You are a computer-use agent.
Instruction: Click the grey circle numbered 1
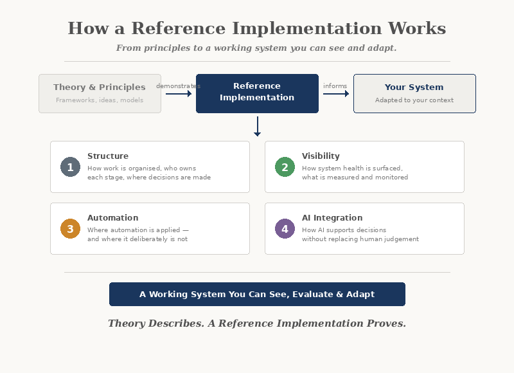point(70,167)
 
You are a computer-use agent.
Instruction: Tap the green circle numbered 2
point(285,167)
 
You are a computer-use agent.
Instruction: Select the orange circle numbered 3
point(70,229)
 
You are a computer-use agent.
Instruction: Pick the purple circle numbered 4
point(285,229)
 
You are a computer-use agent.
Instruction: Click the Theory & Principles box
point(100,93)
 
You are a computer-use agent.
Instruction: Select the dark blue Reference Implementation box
point(257,93)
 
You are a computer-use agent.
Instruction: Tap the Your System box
point(414,93)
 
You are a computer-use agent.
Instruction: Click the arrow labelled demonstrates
point(179,94)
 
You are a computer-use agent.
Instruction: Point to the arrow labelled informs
point(336,94)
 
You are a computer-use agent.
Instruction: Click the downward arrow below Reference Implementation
point(257,127)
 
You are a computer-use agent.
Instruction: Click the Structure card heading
point(108,156)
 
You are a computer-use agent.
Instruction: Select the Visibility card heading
point(321,156)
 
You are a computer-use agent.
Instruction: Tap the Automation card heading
point(112,218)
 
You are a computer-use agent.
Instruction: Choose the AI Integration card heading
point(332,218)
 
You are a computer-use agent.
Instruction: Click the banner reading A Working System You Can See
point(257,295)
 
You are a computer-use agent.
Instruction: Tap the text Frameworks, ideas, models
point(100,100)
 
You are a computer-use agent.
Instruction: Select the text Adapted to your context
point(414,100)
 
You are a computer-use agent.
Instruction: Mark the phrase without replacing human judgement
point(360,239)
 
